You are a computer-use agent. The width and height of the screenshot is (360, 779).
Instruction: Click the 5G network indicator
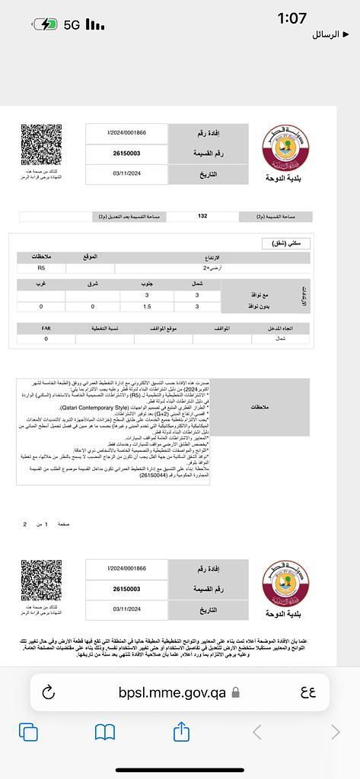(x=72, y=25)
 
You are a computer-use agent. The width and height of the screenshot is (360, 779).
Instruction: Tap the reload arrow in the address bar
(x=49, y=692)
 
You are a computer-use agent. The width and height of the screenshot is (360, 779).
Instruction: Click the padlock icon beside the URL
(x=236, y=692)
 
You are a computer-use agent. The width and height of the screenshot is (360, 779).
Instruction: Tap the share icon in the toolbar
(x=181, y=732)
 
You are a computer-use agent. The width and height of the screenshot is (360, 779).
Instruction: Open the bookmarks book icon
(x=105, y=732)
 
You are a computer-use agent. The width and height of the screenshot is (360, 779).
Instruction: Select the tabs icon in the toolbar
(x=28, y=732)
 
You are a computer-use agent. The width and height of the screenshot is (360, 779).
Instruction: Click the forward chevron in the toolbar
(x=335, y=732)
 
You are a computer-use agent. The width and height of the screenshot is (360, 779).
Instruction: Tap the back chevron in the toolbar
(x=257, y=732)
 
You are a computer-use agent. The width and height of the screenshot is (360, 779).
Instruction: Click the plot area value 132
(x=202, y=216)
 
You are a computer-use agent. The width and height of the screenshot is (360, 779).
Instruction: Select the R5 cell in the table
(x=41, y=268)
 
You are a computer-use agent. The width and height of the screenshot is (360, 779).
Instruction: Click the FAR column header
(x=46, y=328)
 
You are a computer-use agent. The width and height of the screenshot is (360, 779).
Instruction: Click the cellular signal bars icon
(x=95, y=25)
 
